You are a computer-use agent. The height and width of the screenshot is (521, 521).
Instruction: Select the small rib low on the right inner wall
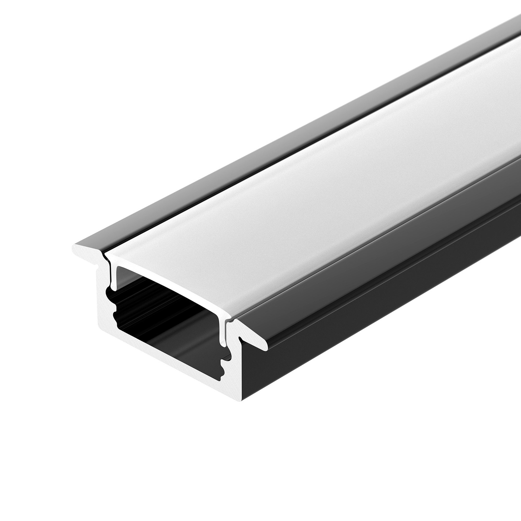pyautogui.click(x=224, y=364)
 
